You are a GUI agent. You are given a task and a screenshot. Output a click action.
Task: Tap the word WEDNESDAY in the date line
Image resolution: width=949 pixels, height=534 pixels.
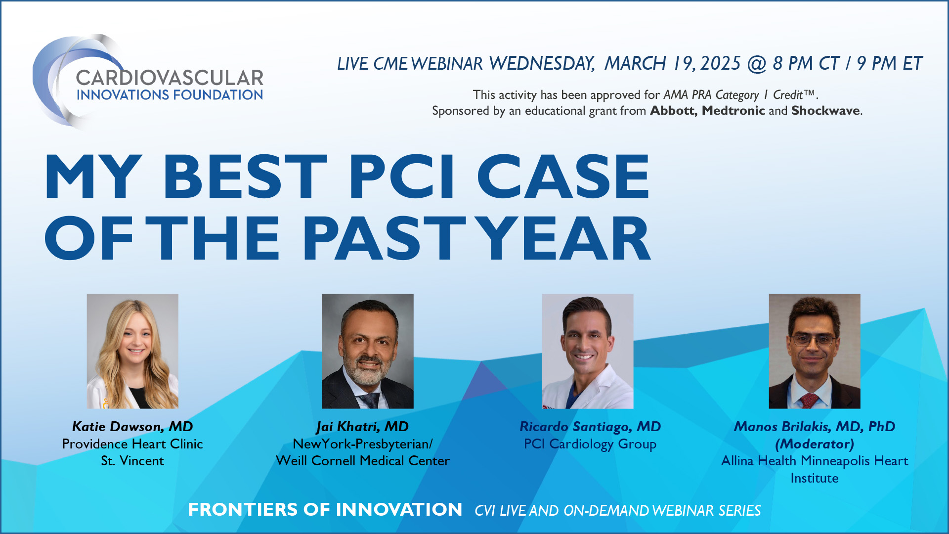point(541,64)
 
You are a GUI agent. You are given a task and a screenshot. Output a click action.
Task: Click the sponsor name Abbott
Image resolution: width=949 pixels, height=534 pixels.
point(673,111)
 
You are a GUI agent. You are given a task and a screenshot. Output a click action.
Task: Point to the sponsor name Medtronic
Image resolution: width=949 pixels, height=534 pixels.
point(733,111)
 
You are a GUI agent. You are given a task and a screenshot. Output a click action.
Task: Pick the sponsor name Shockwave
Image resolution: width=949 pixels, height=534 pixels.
point(825,111)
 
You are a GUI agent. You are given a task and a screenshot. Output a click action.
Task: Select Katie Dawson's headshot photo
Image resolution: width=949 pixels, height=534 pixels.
point(132,351)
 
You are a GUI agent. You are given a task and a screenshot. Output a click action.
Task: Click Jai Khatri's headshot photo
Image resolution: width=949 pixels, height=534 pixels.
point(367,351)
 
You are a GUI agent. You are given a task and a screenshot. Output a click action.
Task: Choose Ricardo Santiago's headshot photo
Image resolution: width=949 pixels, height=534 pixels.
point(587,351)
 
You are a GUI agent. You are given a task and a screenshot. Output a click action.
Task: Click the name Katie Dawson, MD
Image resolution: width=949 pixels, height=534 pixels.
point(132,427)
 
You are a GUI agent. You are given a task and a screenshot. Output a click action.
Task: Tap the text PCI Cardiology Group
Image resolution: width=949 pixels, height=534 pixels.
point(590,444)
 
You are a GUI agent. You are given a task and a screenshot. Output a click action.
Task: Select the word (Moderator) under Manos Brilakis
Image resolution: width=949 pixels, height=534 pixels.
point(814,444)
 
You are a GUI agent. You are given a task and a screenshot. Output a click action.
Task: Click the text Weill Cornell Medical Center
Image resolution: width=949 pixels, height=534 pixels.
point(363,461)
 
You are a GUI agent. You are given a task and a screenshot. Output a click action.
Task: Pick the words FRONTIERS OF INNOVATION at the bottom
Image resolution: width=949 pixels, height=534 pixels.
point(325,510)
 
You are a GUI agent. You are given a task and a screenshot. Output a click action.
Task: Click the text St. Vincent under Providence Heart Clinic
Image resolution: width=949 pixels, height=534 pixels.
point(132,461)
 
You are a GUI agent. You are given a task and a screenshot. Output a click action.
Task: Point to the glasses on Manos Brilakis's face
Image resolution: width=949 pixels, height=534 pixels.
point(813,340)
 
